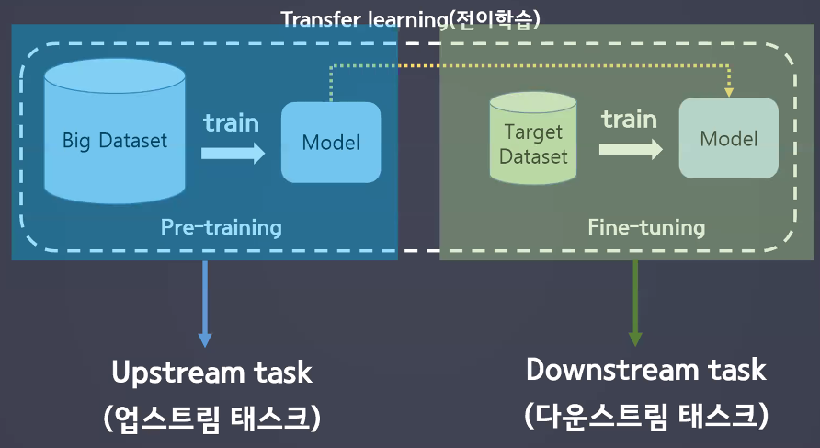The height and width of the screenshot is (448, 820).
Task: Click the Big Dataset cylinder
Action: coord(115,131)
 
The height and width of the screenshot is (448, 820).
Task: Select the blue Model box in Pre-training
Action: coord(331,143)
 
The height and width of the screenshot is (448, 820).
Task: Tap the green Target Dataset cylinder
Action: coord(533,138)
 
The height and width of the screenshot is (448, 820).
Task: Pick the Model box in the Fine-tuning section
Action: coord(728,138)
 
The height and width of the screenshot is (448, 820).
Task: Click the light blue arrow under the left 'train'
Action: coord(233,154)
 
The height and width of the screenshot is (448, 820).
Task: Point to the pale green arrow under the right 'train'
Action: coord(631,149)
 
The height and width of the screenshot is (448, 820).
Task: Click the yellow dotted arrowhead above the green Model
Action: coord(728,93)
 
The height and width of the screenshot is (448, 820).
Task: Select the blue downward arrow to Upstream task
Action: coord(205,304)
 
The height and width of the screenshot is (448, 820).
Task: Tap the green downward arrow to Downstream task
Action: coord(635,304)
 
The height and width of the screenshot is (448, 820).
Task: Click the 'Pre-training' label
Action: coord(222,227)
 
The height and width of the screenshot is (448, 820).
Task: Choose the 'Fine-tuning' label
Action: coord(646,227)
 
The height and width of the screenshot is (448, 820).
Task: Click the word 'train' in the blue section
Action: coord(231,123)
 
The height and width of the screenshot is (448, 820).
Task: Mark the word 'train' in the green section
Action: coord(629,119)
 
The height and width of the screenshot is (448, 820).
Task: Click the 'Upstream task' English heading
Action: coord(211,373)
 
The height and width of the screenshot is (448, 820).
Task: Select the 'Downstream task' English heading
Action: coord(646,370)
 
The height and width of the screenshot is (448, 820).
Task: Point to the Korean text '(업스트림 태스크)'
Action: coord(211,419)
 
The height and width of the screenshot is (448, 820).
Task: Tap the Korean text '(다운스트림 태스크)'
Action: coord(646,416)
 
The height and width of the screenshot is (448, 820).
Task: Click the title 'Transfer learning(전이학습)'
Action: coord(411,20)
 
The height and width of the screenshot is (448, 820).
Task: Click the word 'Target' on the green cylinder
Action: coord(533,132)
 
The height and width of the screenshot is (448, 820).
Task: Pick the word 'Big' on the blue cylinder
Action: coord(76,141)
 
